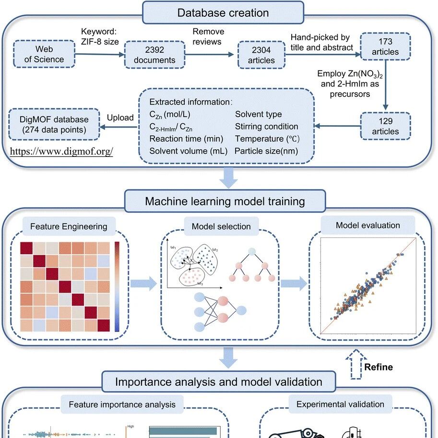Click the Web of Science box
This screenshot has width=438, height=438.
[x=44, y=54]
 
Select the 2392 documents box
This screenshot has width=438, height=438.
[x=154, y=55]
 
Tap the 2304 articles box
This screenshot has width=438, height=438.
[x=261, y=55]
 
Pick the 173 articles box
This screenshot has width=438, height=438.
[x=385, y=47]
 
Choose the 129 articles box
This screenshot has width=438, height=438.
[x=385, y=126]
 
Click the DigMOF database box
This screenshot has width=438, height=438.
[x=54, y=124]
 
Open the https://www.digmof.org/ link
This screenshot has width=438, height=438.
[x=61, y=151]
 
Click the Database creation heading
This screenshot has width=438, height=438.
[x=223, y=13]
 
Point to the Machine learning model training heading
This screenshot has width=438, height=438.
[x=225, y=201]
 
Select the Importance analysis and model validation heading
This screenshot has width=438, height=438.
[x=219, y=381]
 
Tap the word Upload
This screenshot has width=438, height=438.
[x=120, y=118]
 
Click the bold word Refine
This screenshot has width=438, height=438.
[x=379, y=367]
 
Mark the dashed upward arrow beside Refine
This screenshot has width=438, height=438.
[x=356, y=364]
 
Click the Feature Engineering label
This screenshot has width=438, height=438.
[x=69, y=226]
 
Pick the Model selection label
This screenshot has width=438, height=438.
[x=221, y=226]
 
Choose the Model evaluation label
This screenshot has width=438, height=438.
[x=368, y=225]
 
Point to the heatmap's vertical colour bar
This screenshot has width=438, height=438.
[x=117, y=287]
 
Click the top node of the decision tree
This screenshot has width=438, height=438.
[x=252, y=251]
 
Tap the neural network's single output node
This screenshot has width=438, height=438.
[x=241, y=310]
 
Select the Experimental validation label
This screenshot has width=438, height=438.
[x=340, y=404]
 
